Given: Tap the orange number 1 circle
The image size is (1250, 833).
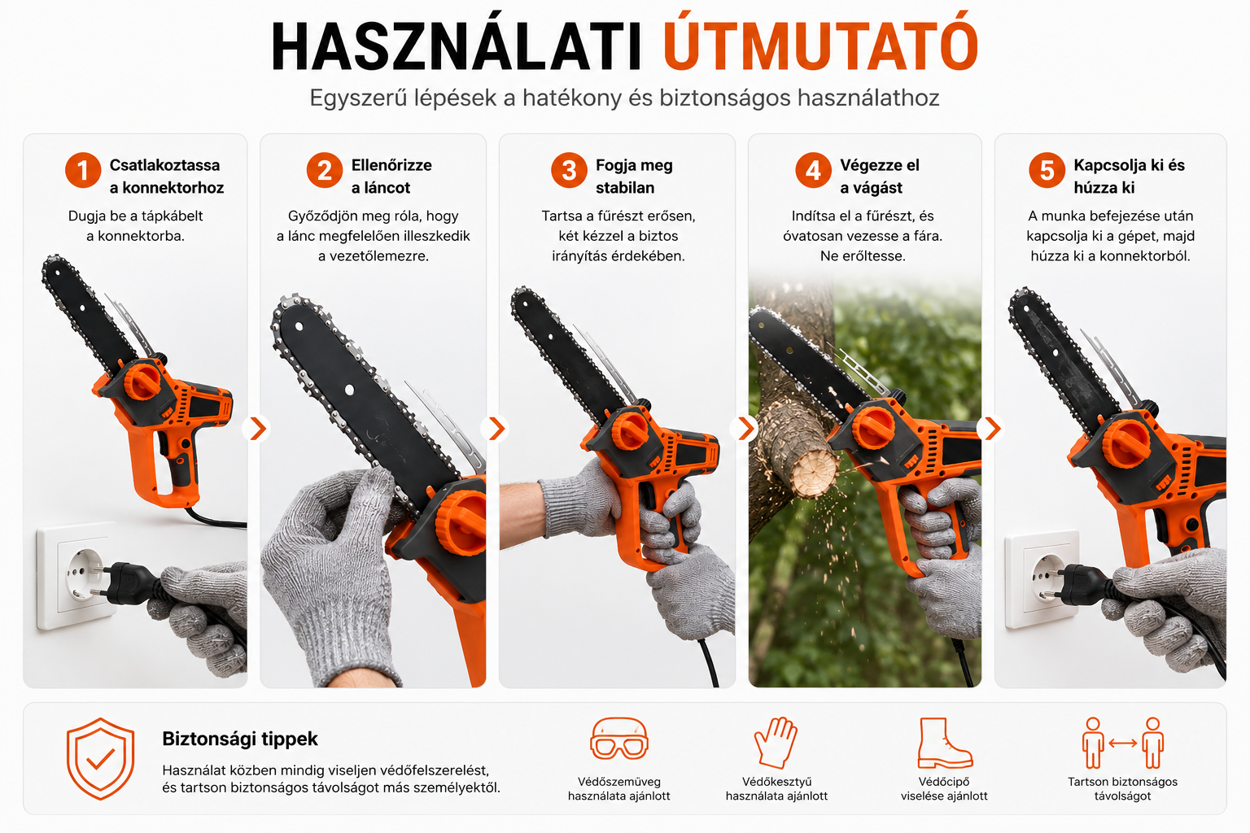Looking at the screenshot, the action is tap(82, 170).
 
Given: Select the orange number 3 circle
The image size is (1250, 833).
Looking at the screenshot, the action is tap(569, 170).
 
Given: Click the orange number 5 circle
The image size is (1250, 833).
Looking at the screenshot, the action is tap(1047, 170).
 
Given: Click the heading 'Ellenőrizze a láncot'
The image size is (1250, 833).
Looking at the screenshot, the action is tap(391, 177).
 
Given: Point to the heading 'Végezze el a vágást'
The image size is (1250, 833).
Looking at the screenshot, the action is tap(880, 177).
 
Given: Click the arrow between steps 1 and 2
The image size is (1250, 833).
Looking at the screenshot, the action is tap(257, 429).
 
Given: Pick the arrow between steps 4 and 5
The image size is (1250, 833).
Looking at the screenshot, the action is tap(992, 429).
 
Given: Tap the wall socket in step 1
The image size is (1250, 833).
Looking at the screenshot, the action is tap(77, 578).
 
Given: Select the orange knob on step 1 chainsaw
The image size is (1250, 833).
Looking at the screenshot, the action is tap(142, 381).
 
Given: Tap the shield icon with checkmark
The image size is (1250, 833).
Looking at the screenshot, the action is tap(100, 759).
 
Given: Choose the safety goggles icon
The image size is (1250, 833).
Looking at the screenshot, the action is tap(618, 738).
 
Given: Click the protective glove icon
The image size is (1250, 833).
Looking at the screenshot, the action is tap(776, 743).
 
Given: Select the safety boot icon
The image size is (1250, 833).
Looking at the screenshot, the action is tap(944, 743).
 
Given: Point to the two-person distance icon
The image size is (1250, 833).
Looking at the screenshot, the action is tap(1123, 743).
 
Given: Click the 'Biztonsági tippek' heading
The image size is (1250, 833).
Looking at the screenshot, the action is tap(240, 739).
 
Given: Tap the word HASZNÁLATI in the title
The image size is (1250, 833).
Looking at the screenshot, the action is tap(457, 45).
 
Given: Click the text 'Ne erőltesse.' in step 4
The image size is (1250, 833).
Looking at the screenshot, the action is tap(863, 256).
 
